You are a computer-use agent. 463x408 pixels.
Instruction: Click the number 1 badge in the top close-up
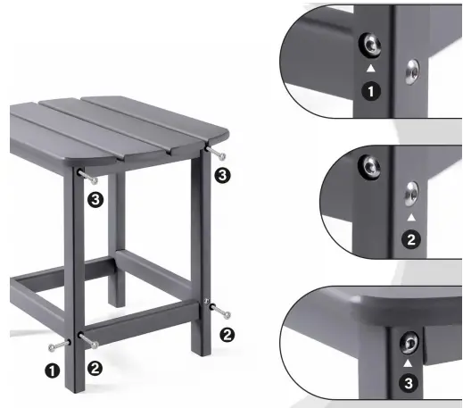pyautogui.click(x=369, y=90)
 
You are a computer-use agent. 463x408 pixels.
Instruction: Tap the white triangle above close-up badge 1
pyautogui.click(x=369, y=68)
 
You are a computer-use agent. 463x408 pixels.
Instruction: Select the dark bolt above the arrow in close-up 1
pyautogui.click(x=368, y=46)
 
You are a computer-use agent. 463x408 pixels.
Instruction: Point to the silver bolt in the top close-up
pyautogui.click(x=411, y=69)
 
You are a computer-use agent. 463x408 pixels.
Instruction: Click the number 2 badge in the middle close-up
pyautogui.click(x=410, y=238)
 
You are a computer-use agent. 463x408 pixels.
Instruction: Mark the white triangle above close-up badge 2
pyautogui.click(x=410, y=217)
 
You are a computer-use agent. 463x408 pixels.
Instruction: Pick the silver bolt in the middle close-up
pyautogui.click(x=410, y=192)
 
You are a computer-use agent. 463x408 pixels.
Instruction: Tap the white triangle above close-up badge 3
pyautogui.click(x=409, y=363)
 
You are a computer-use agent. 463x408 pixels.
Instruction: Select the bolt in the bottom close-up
pyautogui.click(x=409, y=342)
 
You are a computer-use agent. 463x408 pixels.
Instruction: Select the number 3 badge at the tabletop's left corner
pyautogui.click(x=95, y=200)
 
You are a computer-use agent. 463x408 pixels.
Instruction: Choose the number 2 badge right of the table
pyautogui.click(x=227, y=335)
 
